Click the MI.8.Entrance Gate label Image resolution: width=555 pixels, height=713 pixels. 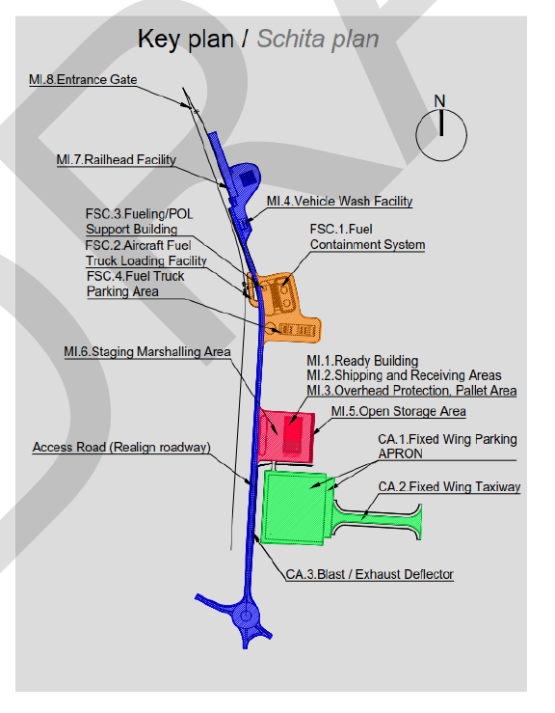point(83,79)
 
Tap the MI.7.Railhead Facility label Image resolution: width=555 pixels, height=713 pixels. point(117,159)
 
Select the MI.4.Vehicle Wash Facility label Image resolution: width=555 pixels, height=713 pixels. point(340,201)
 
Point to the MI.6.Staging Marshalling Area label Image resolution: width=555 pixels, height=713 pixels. point(147,352)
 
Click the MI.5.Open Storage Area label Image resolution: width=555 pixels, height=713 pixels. point(399,411)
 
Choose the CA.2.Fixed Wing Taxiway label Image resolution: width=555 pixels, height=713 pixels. point(449,486)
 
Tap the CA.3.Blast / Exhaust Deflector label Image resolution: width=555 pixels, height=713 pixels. point(370,574)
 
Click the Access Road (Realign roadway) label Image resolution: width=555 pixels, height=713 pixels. point(121,447)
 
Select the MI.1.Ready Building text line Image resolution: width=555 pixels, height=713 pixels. point(362,361)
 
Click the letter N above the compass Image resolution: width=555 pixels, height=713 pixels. point(439,101)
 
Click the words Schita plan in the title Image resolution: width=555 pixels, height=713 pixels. point(318,40)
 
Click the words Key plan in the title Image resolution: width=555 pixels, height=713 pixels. point(186,40)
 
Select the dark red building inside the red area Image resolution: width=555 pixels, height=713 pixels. point(293,435)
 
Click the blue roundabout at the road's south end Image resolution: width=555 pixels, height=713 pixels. point(246,617)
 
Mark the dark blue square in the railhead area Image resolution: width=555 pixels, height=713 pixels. point(248,178)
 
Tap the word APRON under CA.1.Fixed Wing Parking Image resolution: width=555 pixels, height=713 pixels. point(401,453)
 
